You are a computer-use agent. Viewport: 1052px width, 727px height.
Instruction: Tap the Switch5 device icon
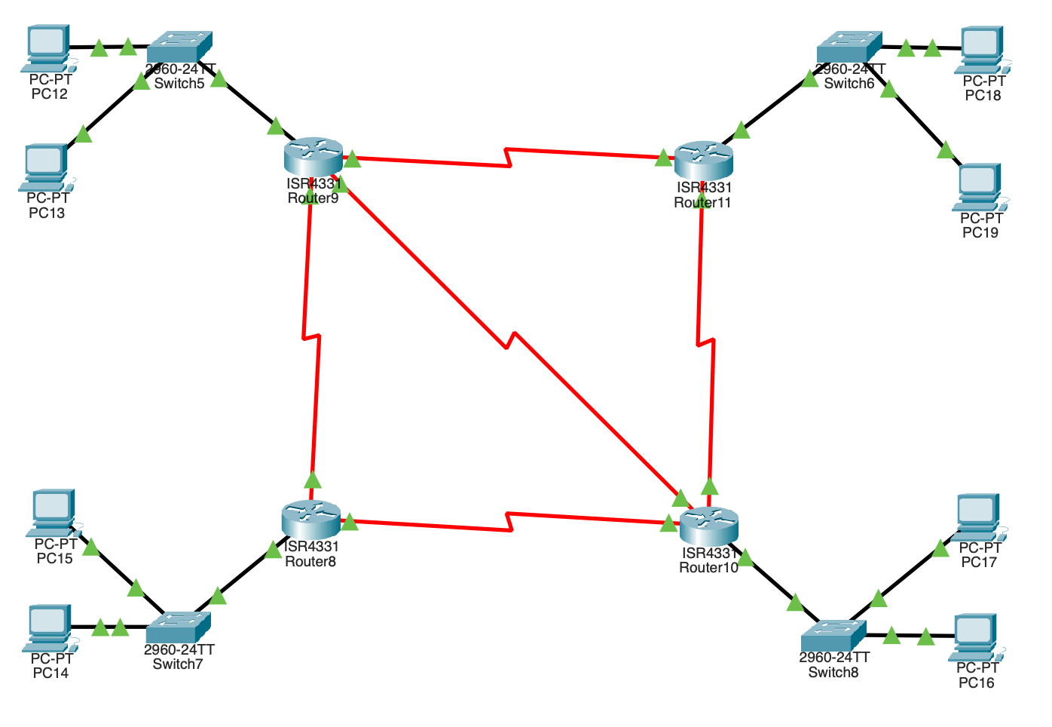pyautogui.click(x=179, y=47)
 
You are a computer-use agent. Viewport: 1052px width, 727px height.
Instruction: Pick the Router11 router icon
pyautogui.click(x=704, y=159)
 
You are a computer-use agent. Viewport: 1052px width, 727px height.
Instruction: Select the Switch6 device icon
pyautogui.click(x=849, y=47)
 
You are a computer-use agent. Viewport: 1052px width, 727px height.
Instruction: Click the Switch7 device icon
pyautogui.click(x=178, y=627)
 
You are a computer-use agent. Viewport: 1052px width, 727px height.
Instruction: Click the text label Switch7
pyautogui.click(x=178, y=664)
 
